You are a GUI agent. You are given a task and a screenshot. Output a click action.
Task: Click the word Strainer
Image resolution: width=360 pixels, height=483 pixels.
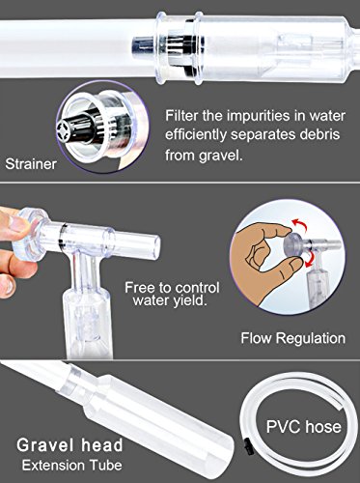pyautogui.click(x=31, y=164)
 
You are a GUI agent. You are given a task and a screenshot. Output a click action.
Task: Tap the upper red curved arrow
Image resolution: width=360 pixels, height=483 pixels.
pyautogui.click(x=299, y=224)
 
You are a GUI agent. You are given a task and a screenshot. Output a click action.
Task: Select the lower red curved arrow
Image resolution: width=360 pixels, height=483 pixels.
pyautogui.click(x=310, y=259)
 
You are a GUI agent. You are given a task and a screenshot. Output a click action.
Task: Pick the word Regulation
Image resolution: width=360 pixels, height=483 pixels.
pyautogui.click(x=311, y=338)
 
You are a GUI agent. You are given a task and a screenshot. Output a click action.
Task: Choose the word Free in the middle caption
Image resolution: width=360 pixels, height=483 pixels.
pyautogui.click(x=138, y=288)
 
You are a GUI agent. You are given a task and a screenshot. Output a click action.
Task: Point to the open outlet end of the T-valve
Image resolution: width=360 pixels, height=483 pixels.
pyautogui.click(x=155, y=246)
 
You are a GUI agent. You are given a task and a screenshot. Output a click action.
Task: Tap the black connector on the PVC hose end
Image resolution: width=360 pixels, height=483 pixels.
pyautogui.click(x=247, y=448)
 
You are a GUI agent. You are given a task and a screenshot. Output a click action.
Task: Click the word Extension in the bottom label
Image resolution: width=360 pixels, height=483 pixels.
pyautogui.click(x=53, y=466)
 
